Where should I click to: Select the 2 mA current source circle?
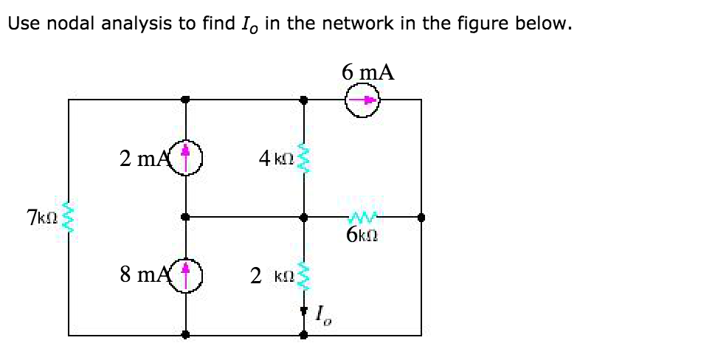pyautogui.click(x=186, y=156)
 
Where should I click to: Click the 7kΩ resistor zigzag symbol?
pyautogui.click(x=69, y=218)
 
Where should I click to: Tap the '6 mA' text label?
pyautogui.click(x=367, y=72)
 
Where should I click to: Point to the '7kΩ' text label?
pyautogui.click(x=41, y=218)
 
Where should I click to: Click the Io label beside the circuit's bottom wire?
pyautogui.click(x=322, y=317)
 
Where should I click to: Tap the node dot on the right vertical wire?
pyautogui.click(x=421, y=218)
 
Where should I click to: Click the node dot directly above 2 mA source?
pyautogui.click(x=186, y=100)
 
